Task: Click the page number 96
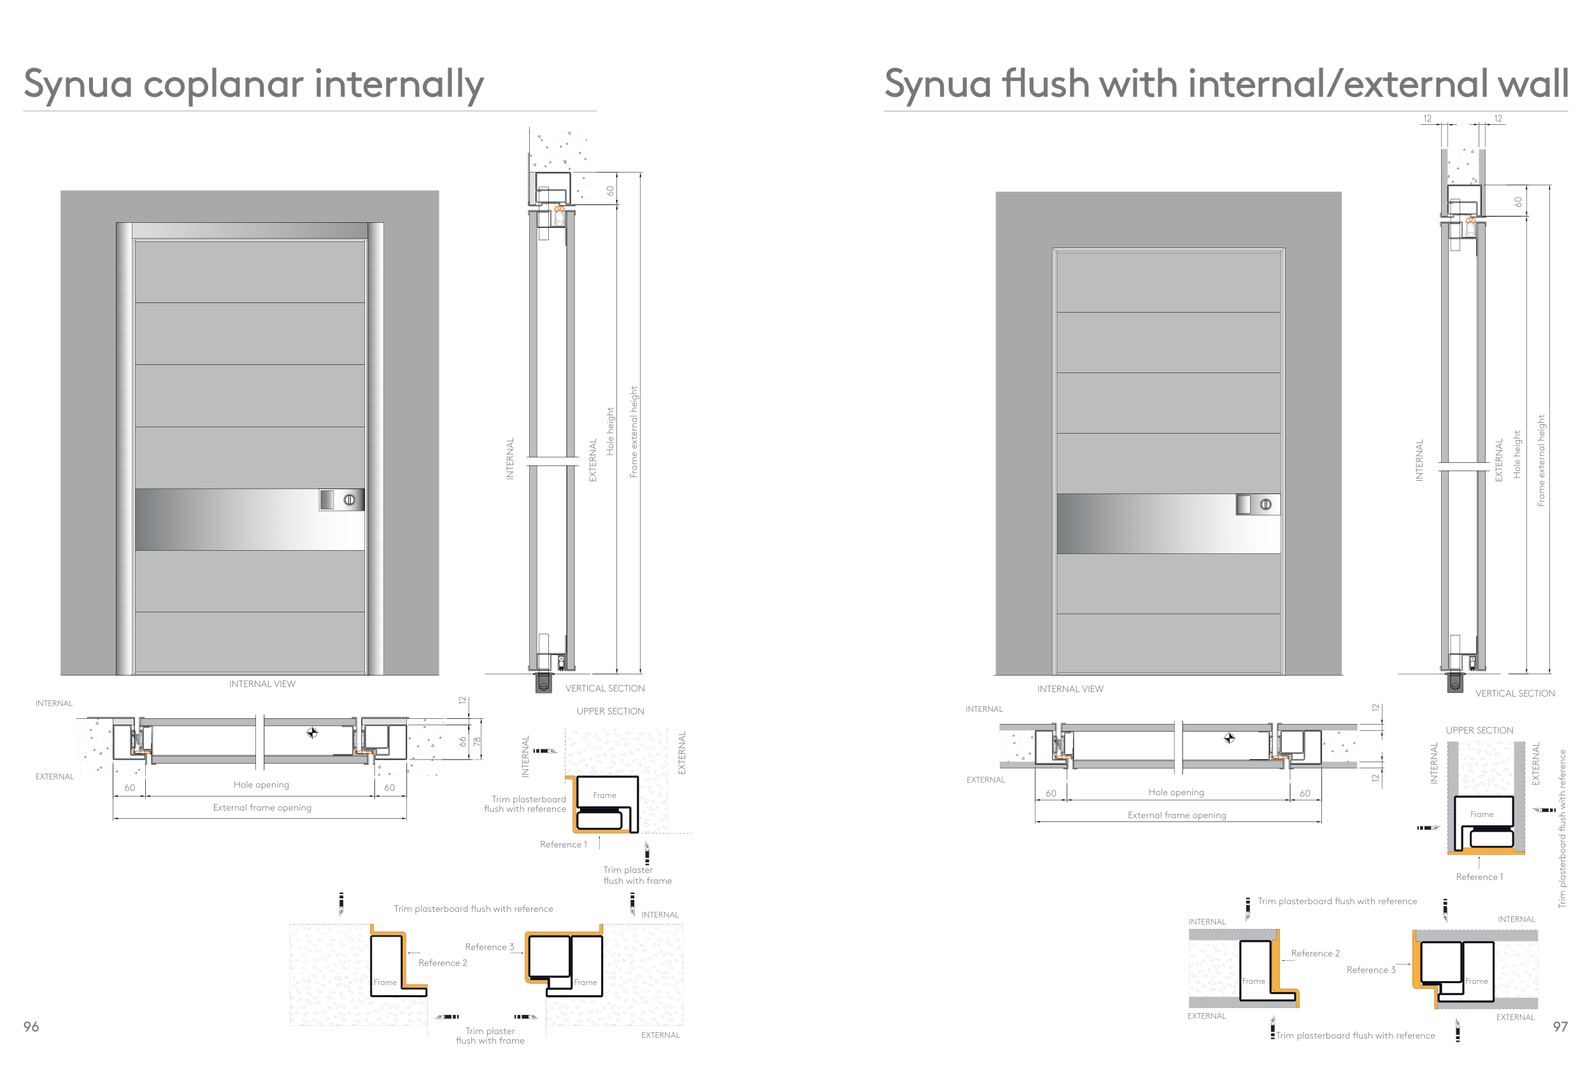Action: pos(31,1026)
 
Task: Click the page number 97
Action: pos(1560,1026)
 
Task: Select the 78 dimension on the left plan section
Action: pos(477,741)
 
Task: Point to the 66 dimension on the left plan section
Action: pos(462,741)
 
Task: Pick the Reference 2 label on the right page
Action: pos(1314,953)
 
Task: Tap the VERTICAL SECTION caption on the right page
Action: pos(1514,694)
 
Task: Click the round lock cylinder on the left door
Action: pos(350,500)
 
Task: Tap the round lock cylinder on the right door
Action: pos(1266,505)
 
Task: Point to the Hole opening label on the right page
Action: pos(1176,792)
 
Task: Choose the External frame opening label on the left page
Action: pos(262,807)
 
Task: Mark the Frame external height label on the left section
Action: pos(634,432)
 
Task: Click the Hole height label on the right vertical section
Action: pos(1517,454)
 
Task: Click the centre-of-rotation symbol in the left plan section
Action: pos(313,733)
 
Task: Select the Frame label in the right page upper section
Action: pos(1481,814)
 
